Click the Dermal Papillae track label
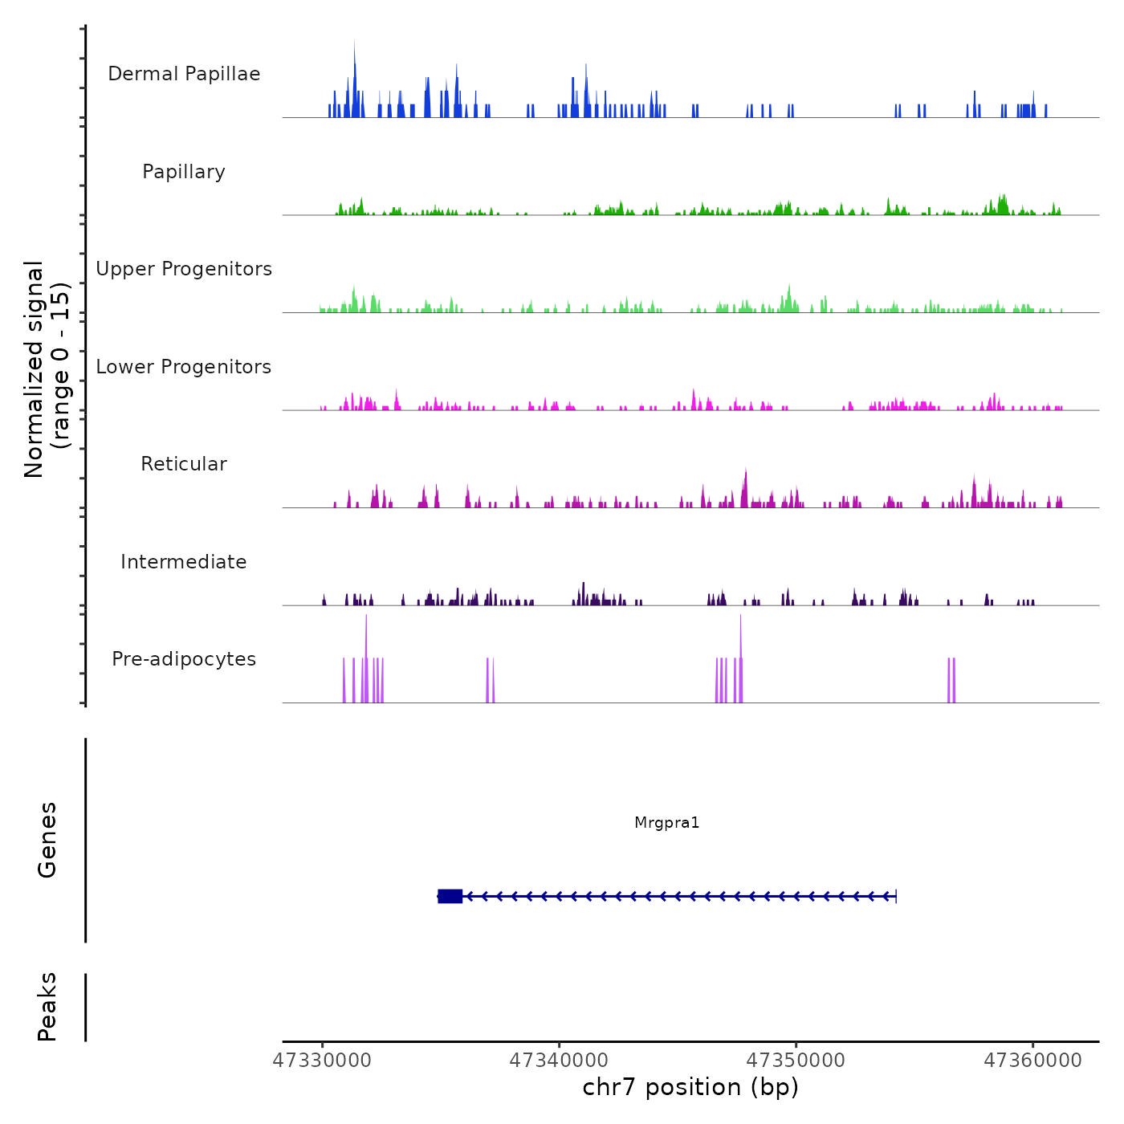184,74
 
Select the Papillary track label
184,172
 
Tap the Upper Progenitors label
184,269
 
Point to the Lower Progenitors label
184,367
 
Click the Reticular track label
184,464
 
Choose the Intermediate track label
184,562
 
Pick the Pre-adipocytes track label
184,659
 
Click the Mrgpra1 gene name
667,823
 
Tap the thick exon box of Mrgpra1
450,896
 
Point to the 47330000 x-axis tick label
323,1061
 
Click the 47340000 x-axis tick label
560,1061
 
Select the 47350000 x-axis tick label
796,1061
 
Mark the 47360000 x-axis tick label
1033,1061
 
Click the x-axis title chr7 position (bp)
690,1087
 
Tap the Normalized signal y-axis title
47,369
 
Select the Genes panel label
47,840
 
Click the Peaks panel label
47,1007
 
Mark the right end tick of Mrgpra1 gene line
895,896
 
